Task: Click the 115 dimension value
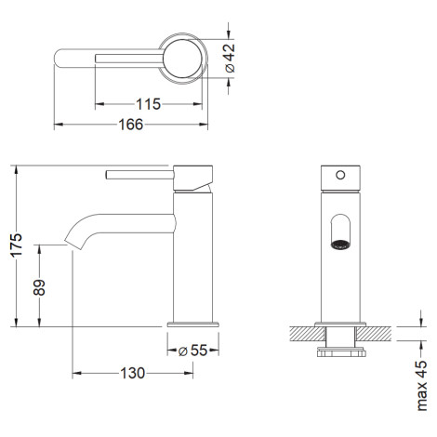(149, 104)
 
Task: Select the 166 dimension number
(131, 125)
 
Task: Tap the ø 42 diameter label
(230, 58)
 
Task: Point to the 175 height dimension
(17, 245)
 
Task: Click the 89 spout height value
(39, 287)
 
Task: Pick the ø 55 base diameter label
(192, 351)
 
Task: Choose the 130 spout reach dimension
(132, 373)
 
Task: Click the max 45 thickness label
(421, 386)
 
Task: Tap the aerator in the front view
(340, 245)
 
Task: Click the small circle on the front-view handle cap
(340, 175)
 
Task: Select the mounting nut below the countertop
(341, 352)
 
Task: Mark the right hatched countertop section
(373, 334)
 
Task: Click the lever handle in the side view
(139, 175)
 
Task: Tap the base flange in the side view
(192, 324)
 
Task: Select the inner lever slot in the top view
(129, 59)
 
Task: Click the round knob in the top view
(182, 59)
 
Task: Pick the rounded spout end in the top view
(60, 59)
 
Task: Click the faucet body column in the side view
(192, 258)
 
